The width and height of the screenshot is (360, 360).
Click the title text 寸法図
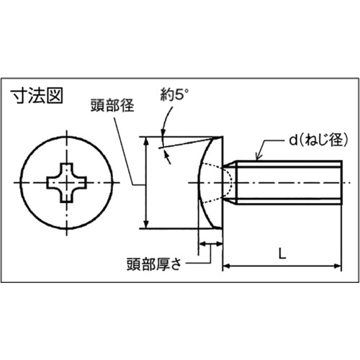37,96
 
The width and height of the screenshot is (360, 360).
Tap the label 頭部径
112,105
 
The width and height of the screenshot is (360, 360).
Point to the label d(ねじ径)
318,140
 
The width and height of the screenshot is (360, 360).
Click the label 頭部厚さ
154,264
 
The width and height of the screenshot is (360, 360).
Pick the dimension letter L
282,253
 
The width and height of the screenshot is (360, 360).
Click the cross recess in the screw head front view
66,183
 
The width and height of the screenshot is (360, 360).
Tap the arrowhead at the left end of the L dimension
227,266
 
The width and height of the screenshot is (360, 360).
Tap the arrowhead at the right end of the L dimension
338,266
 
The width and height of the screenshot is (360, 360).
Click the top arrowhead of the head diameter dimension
145,141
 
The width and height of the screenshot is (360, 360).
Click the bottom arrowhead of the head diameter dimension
145,225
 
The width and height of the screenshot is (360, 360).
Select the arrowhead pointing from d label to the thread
258,157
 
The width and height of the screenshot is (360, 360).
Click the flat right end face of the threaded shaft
341,183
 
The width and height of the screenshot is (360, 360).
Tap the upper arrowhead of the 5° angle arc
163,133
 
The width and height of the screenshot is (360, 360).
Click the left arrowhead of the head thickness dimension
202,244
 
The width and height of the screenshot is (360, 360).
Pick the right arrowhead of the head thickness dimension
220,244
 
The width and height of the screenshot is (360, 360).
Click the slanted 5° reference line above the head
189,143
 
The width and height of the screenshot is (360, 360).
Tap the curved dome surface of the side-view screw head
199,183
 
